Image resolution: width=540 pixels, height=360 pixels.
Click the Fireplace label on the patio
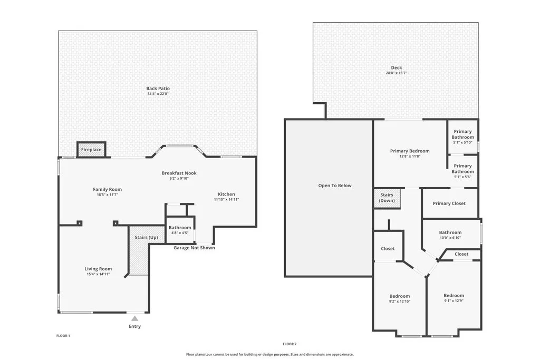point(91,150)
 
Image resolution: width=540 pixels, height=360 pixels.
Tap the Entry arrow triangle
point(135,318)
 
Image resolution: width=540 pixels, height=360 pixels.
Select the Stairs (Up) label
point(146,237)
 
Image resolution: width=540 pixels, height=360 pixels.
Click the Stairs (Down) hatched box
point(387,198)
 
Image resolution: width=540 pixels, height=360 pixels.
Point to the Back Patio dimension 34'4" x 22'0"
point(158,94)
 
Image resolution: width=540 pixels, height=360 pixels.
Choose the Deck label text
point(396,67)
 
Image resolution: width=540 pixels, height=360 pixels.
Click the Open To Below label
point(334,186)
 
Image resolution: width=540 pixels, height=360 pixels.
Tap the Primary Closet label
point(449,203)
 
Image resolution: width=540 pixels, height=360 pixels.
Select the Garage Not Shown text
point(194,248)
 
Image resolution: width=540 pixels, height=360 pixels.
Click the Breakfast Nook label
point(179,173)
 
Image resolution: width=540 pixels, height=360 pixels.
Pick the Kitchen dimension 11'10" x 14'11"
point(226,199)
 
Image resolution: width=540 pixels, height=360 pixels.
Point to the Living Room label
point(98,269)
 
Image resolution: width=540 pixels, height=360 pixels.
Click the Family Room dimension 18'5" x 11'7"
point(107,194)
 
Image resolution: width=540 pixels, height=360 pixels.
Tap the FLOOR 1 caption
point(63,336)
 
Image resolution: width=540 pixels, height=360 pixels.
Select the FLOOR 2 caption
point(290,344)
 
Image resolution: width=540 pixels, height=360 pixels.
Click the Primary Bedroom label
point(410,151)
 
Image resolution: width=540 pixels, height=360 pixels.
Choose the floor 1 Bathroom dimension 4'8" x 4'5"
point(180,233)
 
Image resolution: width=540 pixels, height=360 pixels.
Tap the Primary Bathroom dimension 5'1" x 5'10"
point(462,142)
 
